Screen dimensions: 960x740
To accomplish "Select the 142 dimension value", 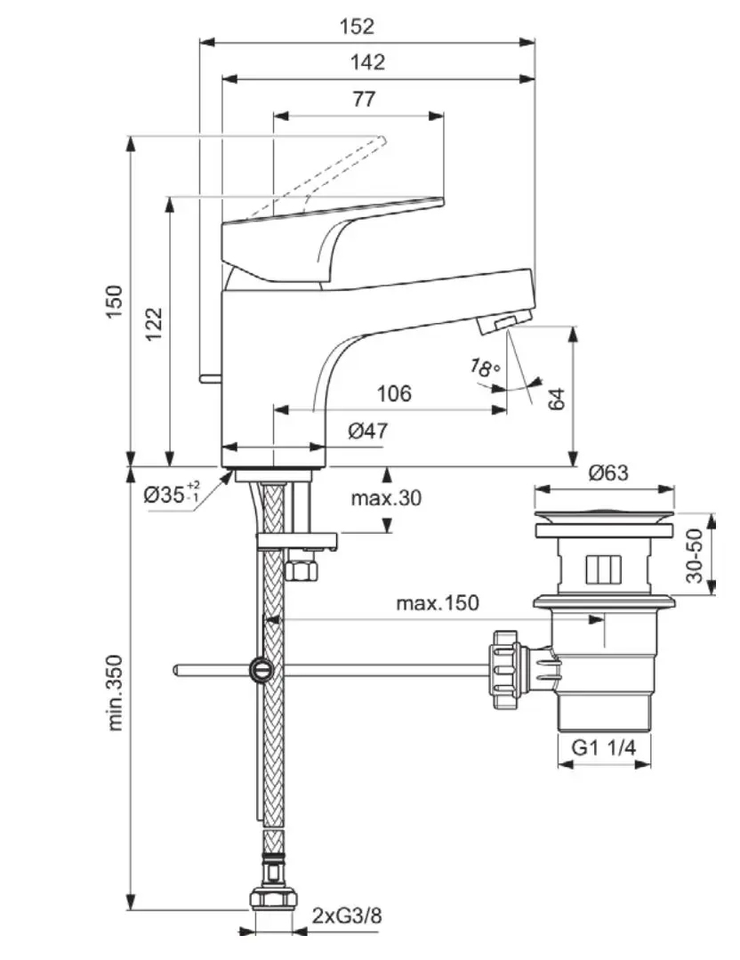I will pyautogui.click(x=367, y=62).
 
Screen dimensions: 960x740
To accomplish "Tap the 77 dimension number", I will pyautogui.click(x=364, y=99).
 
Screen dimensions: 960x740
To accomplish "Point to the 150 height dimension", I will pyautogui.click(x=115, y=303).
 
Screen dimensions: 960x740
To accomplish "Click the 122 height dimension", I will pyautogui.click(x=153, y=327).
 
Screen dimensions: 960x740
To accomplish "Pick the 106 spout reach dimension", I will pyautogui.click(x=393, y=392).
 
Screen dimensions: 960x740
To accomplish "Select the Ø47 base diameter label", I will pyautogui.click(x=367, y=432).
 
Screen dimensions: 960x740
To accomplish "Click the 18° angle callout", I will pyautogui.click(x=486, y=367).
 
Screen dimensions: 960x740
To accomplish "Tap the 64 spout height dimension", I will pyautogui.click(x=558, y=398).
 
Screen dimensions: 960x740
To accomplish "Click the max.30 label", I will pyautogui.click(x=385, y=498).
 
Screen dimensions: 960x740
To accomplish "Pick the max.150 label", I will pyautogui.click(x=437, y=603).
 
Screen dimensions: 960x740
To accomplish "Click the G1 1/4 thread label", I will pyautogui.click(x=604, y=748).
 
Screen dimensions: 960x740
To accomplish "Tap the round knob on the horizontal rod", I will pyautogui.click(x=261, y=669).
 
